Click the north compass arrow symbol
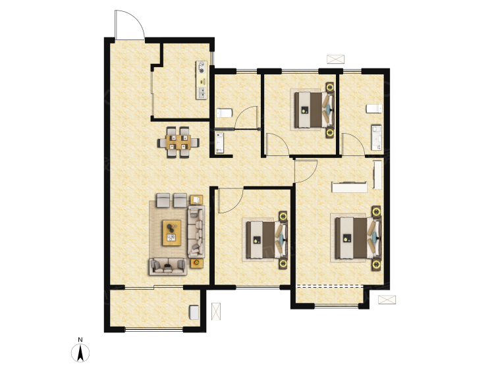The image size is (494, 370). pos(80,353)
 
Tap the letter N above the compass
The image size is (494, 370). pos(80,340)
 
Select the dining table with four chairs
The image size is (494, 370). pos(178,142)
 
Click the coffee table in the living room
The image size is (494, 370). pos(172,232)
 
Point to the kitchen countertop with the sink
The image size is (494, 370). pos(202,80)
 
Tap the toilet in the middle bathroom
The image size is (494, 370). pos(225,113)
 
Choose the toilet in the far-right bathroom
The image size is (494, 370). pos(374,109)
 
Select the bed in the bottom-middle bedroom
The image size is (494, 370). pos(267,240)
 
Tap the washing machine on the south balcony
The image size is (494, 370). pos(194,312)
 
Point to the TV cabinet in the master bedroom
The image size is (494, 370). pos(349,187)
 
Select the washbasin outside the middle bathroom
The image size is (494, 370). pos(219,144)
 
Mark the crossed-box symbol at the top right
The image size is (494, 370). pos(335,59)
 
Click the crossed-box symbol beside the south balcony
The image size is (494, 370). pos(216,311)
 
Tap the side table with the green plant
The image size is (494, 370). pos(196,263)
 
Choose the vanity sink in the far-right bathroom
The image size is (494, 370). pos(377,138)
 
